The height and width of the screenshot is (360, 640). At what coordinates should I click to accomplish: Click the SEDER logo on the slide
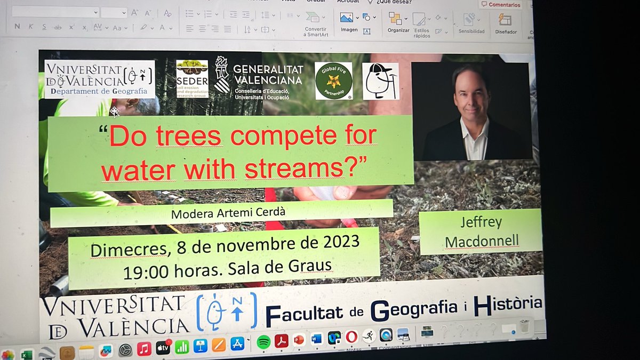(192, 78)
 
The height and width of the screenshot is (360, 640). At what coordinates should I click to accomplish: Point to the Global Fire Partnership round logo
(333, 81)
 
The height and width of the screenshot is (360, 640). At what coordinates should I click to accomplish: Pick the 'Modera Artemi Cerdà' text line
(222, 214)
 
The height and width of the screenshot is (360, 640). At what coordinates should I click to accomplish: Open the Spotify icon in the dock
(263, 342)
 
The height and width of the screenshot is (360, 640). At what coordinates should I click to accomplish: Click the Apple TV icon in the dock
(163, 348)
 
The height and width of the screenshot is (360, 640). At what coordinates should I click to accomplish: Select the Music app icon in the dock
(144, 349)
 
